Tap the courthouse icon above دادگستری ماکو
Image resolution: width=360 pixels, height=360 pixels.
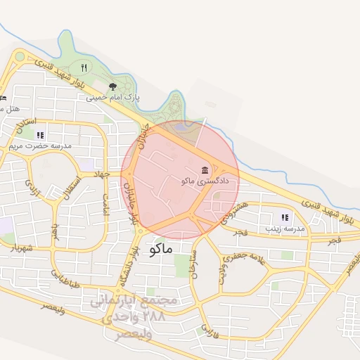(205, 170)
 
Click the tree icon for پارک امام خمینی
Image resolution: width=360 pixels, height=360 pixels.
(112, 87)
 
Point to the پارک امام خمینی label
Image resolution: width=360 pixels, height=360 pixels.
(113, 98)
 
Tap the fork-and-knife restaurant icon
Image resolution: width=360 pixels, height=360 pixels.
(84, 67)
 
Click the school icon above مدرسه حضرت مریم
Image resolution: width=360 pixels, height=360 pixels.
(40, 135)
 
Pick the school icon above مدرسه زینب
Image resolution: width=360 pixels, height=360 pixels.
(285, 218)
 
